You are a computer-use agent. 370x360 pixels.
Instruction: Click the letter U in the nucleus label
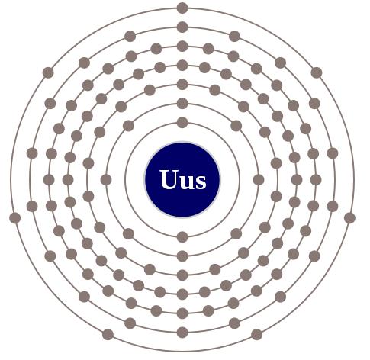pyautogui.click(x=169, y=179)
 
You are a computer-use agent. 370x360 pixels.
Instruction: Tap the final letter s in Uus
pyautogui.click(x=201, y=182)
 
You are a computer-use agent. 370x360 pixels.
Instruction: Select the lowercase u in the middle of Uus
pyautogui.click(x=187, y=182)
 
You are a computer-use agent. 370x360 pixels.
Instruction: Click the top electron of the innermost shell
pyautogui.click(x=182, y=123)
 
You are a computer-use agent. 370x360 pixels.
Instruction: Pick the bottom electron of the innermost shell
pyautogui.click(x=182, y=237)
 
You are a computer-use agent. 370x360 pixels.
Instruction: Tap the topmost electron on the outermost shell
pyautogui.click(x=182, y=8)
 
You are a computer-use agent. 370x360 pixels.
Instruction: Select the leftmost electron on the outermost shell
pyautogui.click(x=15, y=218)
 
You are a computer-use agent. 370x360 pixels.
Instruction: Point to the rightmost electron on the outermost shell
pyautogui.click(x=349, y=218)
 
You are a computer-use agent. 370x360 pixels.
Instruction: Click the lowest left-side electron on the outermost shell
pyautogui.click(x=108, y=335)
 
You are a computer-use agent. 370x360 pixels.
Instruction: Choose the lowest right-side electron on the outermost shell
pyautogui.click(x=257, y=335)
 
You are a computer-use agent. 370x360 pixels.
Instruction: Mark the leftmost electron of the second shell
pyautogui.click(x=106, y=180)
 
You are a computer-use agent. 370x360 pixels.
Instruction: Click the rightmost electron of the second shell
pyautogui.click(x=259, y=180)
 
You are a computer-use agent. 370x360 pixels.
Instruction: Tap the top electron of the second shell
pyautogui.click(x=182, y=104)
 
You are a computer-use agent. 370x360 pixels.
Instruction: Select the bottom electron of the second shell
pyautogui.click(x=182, y=256)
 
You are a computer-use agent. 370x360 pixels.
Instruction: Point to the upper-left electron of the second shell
pyautogui.click(x=128, y=126)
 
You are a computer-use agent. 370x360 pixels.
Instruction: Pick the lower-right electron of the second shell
pyautogui.click(x=236, y=233)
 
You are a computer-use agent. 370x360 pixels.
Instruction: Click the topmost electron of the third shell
pyautogui.click(x=182, y=85)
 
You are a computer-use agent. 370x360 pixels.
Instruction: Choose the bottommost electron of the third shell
pyautogui.click(x=182, y=275)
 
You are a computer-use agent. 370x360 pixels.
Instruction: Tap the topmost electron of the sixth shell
pyautogui.click(x=182, y=27)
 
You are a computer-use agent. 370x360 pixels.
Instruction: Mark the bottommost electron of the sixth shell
pyautogui.click(x=182, y=333)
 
